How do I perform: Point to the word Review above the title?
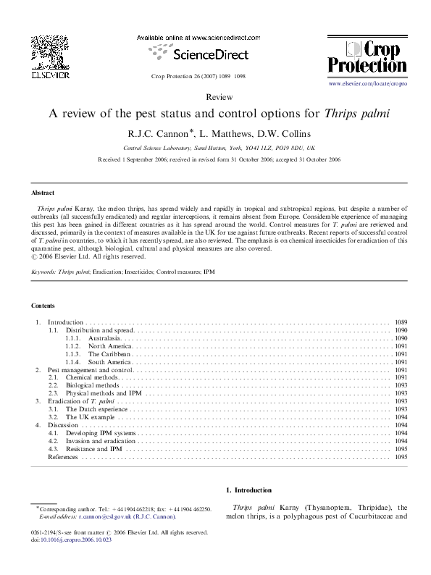(x=215, y=96)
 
